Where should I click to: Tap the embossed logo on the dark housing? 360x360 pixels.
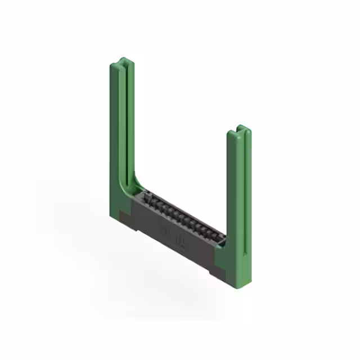(x=172, y=237)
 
